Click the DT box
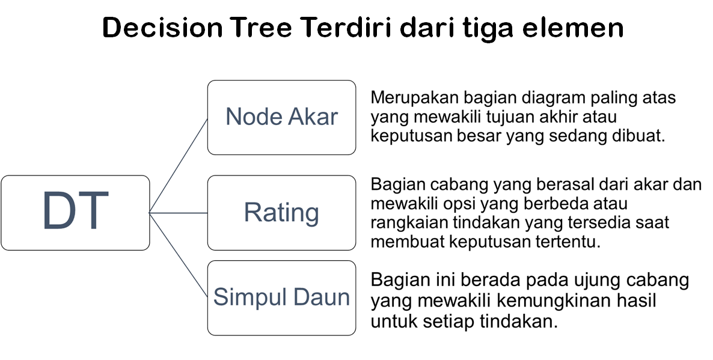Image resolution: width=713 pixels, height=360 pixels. [75, 213]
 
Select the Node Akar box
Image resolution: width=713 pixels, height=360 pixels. [281, 117]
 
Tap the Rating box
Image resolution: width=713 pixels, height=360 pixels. [281, 213]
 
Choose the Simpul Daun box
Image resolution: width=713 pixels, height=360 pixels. [281, 297]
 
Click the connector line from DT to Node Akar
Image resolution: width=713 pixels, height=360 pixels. [179, 165]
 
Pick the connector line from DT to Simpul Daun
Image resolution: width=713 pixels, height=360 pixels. [179, 255]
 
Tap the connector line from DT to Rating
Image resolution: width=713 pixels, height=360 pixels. [179, 212]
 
